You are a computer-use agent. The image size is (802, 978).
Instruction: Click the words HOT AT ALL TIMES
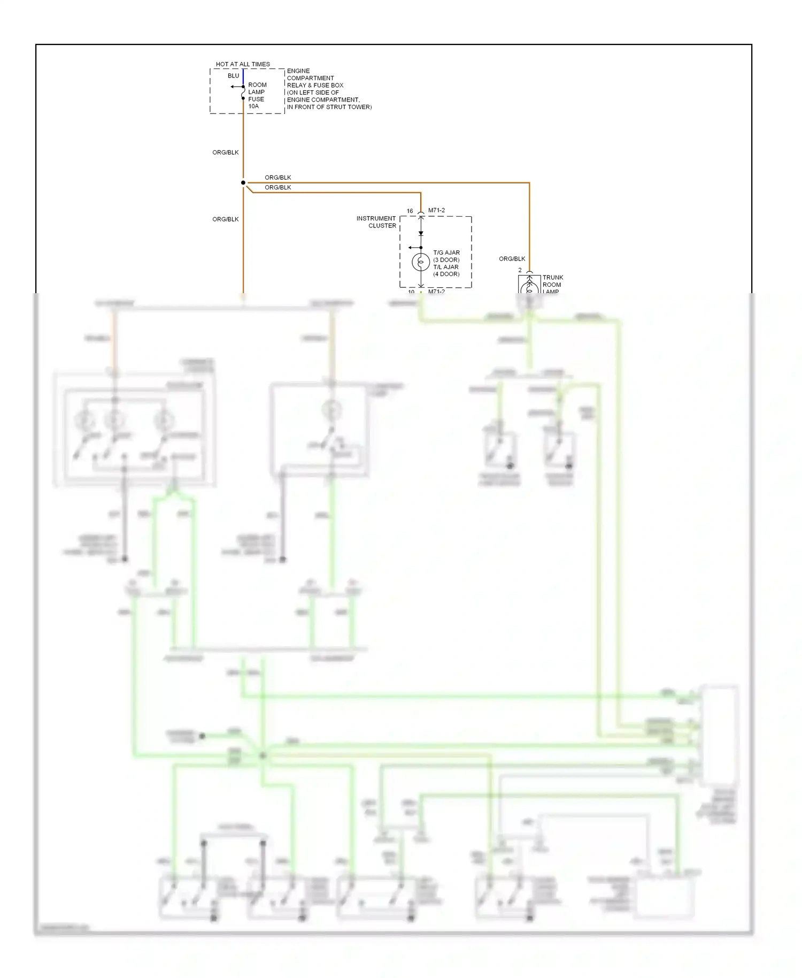[x=243, y=64]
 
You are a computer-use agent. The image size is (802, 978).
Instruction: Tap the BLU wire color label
[x=233, y=76]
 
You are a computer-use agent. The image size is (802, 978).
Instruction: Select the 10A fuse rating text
[x=253, y=106]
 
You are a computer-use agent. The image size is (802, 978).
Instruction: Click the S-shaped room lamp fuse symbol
[x=243, y=93]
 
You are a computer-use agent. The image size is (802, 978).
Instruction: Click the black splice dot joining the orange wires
[x=243, y=183]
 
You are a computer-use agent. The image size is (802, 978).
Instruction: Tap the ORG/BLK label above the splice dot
[x=225, y=152]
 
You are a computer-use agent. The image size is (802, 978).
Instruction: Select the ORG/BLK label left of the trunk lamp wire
[x=512, y=259]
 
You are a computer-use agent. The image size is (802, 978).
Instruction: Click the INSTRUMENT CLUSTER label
[x=376, y=222]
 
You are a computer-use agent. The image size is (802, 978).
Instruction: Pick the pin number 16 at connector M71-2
[x=410, y=211]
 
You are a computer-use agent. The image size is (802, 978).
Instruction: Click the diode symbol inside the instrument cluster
[x=421, y=233]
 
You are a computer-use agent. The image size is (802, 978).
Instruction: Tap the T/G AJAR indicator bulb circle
[x=421, y=262]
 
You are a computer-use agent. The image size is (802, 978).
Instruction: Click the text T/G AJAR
[x=446, y=253]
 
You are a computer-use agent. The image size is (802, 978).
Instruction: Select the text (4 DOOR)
[x=446, y=274]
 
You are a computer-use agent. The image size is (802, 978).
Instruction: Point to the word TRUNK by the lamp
[x=553, y=278]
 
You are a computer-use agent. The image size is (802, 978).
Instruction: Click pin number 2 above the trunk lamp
[x=520, y=270]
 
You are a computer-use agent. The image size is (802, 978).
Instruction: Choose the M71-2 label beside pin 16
[x=436, y=211]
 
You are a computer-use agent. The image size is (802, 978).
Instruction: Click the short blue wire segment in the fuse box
[x=243, y=77]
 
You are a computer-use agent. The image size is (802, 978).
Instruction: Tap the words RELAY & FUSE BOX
[x=315, y=86]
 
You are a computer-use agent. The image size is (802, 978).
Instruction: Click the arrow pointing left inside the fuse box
[x=234, y=87]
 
